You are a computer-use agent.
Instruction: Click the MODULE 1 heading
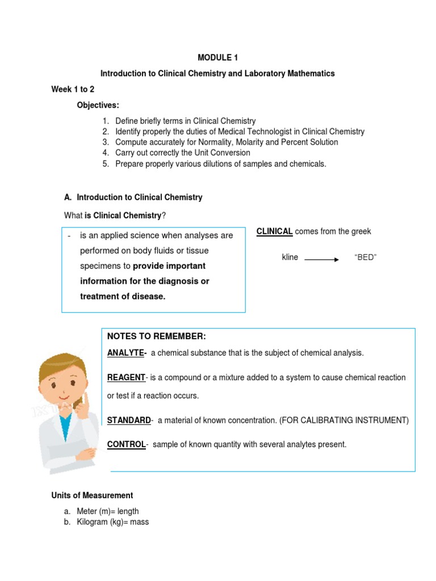tap(217, 57)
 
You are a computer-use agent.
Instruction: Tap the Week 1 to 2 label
tap(73, 89)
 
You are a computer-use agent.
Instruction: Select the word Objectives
tap(98, 106)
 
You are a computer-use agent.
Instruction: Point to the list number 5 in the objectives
tap(105, 163)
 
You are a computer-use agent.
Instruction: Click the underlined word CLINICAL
tap(275, 231)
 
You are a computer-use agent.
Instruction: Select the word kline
tap(290, 258)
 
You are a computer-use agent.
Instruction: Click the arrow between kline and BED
tap(322, 259)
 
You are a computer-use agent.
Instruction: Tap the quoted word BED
tap(365, 258)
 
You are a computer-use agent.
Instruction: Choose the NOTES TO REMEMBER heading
tap(157, 336)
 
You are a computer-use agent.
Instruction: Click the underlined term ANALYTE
tap(126, 353)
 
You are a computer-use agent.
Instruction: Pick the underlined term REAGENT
tap(126, 377)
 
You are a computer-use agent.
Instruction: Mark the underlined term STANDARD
tap(129, 420)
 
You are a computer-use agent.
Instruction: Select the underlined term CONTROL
tap(127, 444)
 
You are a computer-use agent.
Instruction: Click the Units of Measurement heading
tap(92, 495)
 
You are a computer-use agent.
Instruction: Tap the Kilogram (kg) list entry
tap(113, 521)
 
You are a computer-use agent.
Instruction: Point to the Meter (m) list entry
tap(108, 511)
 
